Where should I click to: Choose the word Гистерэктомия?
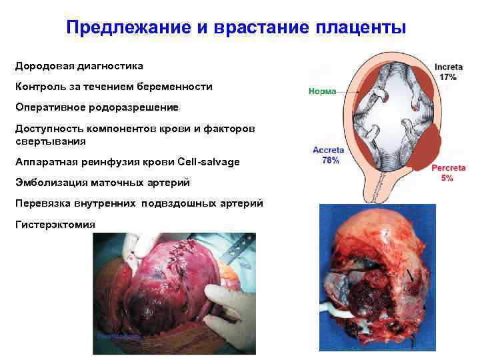(55, 224)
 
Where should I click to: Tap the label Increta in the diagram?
(449, 67)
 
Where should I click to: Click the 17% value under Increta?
(449, 77)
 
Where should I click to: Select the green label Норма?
(323, 91)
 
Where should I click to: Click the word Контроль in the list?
(39, 87)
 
